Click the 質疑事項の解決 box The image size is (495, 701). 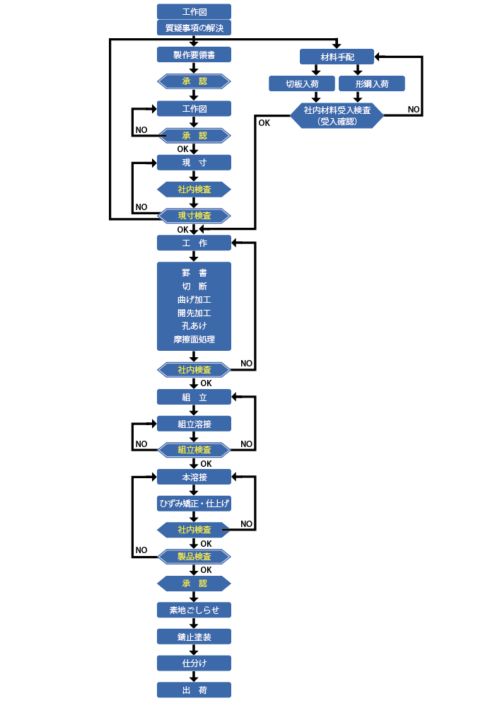point(194,28)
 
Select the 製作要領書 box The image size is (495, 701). point(194,55)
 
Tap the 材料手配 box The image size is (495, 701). point(337,57)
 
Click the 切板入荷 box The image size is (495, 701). point(301,83)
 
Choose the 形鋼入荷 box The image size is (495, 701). point(371,83)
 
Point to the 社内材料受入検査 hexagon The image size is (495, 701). point(337,115)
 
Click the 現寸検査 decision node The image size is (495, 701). point(194,215)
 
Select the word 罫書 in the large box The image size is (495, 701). point(194,272)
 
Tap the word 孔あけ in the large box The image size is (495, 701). point(194,326)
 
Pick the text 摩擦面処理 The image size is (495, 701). point(194,340)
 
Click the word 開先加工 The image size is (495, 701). point(194,313)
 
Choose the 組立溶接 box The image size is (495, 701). point(194,424)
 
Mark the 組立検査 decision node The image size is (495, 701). point(194,450)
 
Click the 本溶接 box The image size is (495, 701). point(194,477)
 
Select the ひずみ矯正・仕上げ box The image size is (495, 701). point(194,504)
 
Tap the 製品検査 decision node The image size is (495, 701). point(194,557)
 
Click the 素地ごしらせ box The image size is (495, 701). point(194,610)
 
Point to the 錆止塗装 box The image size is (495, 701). point(194,637)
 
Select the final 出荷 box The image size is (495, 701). point(194,690)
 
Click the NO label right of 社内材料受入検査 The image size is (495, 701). point(414,110)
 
